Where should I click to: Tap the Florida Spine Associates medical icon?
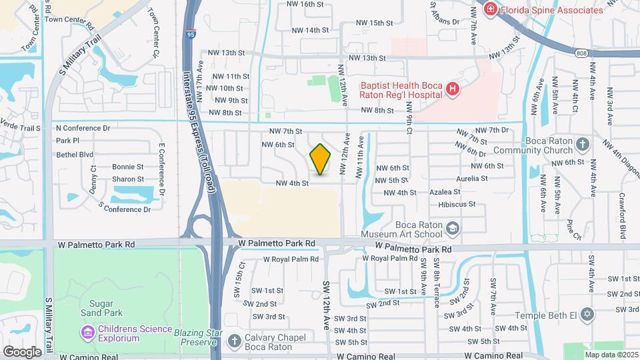[491, 9]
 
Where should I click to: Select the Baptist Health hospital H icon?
[453, 89]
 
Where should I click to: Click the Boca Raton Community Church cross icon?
[583, 145]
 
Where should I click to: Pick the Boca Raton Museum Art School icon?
[453, 229]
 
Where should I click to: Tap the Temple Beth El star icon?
[587, 314]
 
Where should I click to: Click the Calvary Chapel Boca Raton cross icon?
[233, 341]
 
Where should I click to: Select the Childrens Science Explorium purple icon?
[87, 331]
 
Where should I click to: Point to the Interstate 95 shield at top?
[192, 34]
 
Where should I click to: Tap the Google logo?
[22, 351]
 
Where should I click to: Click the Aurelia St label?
[471, 179]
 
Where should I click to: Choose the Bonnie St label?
[127, 167]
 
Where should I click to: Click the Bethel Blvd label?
[75, 154]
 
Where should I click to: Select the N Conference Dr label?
[83, 128]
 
